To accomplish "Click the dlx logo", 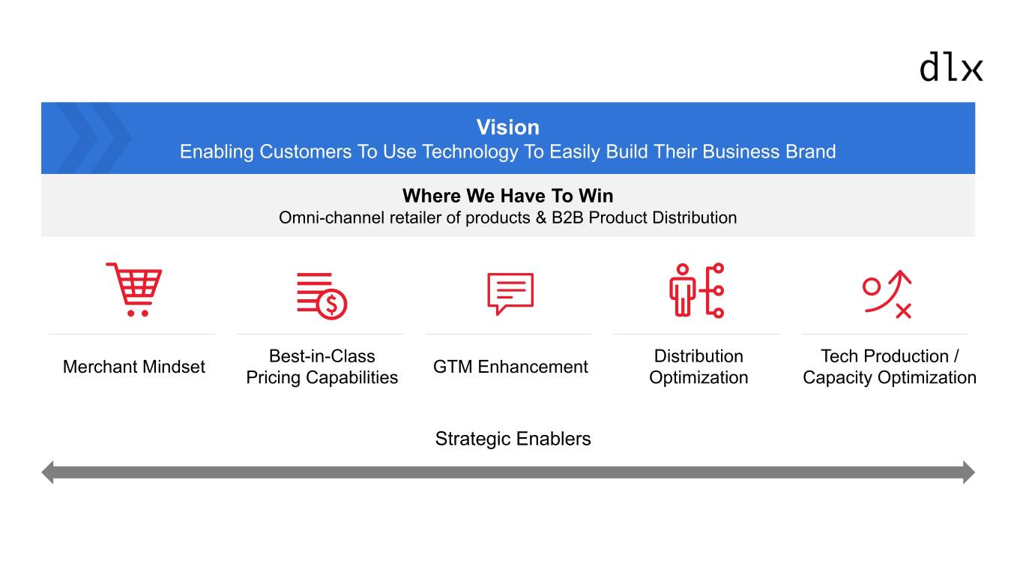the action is [x=951, y=67].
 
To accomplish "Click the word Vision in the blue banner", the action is [x=508, y=127].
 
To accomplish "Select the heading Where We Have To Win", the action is [x=508, y=196].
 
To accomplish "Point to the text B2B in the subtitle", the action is [x=567, y=217].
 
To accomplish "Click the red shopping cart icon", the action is [x=134, y=289].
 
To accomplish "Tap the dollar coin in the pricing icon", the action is [x=332, y=304].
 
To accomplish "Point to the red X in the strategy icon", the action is [x=903, y=310].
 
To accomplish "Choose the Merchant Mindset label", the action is [x=134, y=367].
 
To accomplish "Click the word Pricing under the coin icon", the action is [x=273, y=377].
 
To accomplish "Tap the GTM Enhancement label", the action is [x=510, y=367].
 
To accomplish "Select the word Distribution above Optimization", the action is [x=698, y=356].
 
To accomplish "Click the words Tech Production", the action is [x=884, y=356].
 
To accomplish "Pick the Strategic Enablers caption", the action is [x=513, y=439].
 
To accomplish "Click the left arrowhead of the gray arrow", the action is [x=47, y=472].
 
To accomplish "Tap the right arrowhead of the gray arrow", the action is [x=969, y=472].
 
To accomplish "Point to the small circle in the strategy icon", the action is [x=872, y=286].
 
